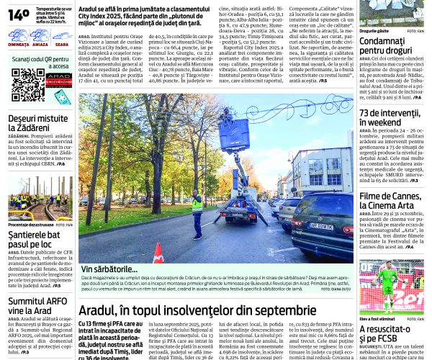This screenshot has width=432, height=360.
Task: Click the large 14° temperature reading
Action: click(x=19, y=14)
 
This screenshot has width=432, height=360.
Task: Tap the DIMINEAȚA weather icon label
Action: click(x=19, y=45)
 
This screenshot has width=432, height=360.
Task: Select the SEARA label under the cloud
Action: click(x=62, y=45)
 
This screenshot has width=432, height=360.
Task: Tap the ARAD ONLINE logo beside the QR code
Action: click(x=58, y=79)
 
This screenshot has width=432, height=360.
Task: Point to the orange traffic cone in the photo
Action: click(x=158, y=253)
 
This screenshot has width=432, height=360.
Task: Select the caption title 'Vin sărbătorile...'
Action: click(x=109, y=269)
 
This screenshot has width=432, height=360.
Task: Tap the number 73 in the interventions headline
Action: click(x=368, y=112)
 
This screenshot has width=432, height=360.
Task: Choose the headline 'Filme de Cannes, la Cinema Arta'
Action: click(x=390, y=202)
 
